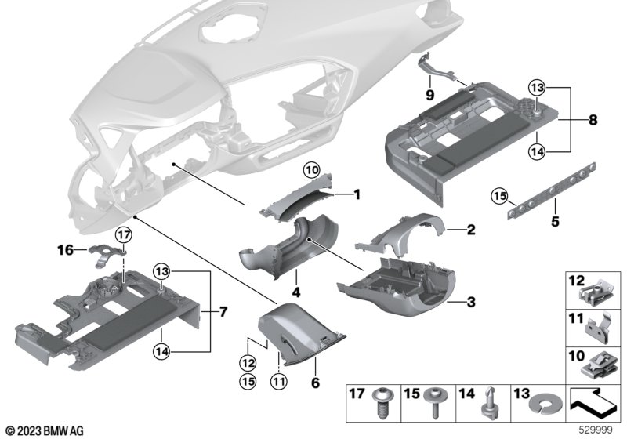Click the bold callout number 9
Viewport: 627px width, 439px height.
point(429,95)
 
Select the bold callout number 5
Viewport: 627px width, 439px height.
point(555,222)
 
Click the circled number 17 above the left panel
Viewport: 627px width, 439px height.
point(122,234)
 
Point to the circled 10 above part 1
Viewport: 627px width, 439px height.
point(312,170)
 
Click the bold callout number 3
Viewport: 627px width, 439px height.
point(471,302)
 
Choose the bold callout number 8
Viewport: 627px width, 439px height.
point(593,120)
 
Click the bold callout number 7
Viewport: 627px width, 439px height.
point(223,312)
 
